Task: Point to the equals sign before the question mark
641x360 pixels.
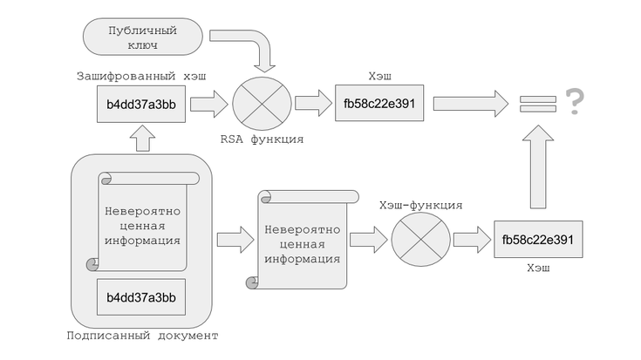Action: (x=532, y=103)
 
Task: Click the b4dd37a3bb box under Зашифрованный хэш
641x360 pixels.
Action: (x=141, y=105)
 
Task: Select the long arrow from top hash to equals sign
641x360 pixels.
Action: (x=469, y=104)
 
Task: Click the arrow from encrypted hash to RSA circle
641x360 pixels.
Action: (x=207, y=105)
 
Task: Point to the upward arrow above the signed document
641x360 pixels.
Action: (x=141, y=137)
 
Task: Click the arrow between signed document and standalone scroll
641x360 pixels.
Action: (x=231, y=237)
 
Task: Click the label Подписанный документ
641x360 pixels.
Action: (x=141, y=336)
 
